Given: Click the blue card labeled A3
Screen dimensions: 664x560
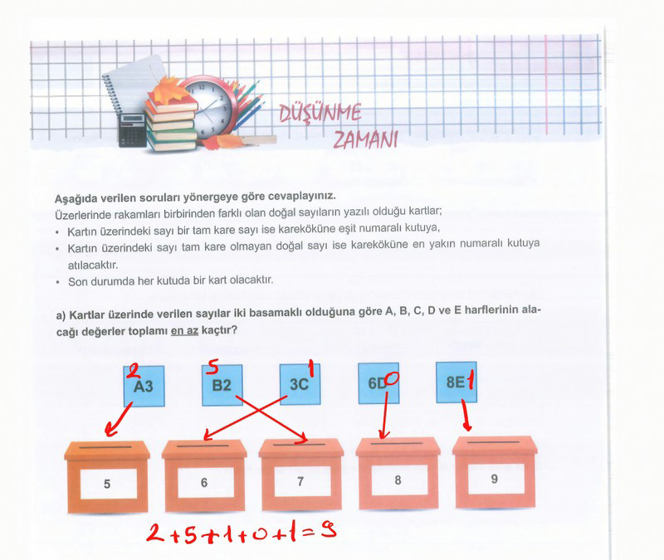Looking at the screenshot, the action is coord(144,386).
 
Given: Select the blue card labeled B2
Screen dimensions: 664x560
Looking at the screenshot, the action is coord(222,385).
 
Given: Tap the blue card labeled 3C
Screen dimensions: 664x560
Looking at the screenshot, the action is coord(300,384).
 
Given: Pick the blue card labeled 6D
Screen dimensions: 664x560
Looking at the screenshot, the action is coord(378,383).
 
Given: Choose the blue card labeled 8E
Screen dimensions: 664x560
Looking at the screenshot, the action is coord(456,382).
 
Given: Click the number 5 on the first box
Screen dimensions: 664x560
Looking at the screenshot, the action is coord(107,484).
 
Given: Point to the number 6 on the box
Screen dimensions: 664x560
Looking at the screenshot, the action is coord(204,483).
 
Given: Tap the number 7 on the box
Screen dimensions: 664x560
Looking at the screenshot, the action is coord(300,481).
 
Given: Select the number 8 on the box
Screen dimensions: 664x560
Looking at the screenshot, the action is coord(398,480).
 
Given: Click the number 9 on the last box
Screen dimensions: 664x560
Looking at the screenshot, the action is coord(494,479).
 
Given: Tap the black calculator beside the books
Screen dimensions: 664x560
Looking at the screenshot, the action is coord(133,130).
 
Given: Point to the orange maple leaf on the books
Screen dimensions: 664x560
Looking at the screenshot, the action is coord(168,90).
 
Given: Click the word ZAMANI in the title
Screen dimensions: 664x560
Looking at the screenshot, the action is coord(366,139).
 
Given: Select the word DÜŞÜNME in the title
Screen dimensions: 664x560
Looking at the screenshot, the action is coord(320,113).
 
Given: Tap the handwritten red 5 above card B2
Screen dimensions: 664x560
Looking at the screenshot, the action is coord(212,367).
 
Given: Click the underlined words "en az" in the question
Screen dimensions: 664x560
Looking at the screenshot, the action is coord(184,330).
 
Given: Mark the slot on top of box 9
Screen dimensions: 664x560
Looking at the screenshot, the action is coord(493,442).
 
